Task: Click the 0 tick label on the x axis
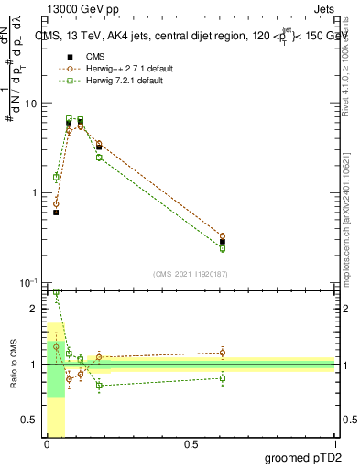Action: [47, 444]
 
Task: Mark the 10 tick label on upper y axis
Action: [30, 104]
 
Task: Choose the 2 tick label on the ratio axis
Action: [34, 309]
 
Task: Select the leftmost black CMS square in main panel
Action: [56, 213]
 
